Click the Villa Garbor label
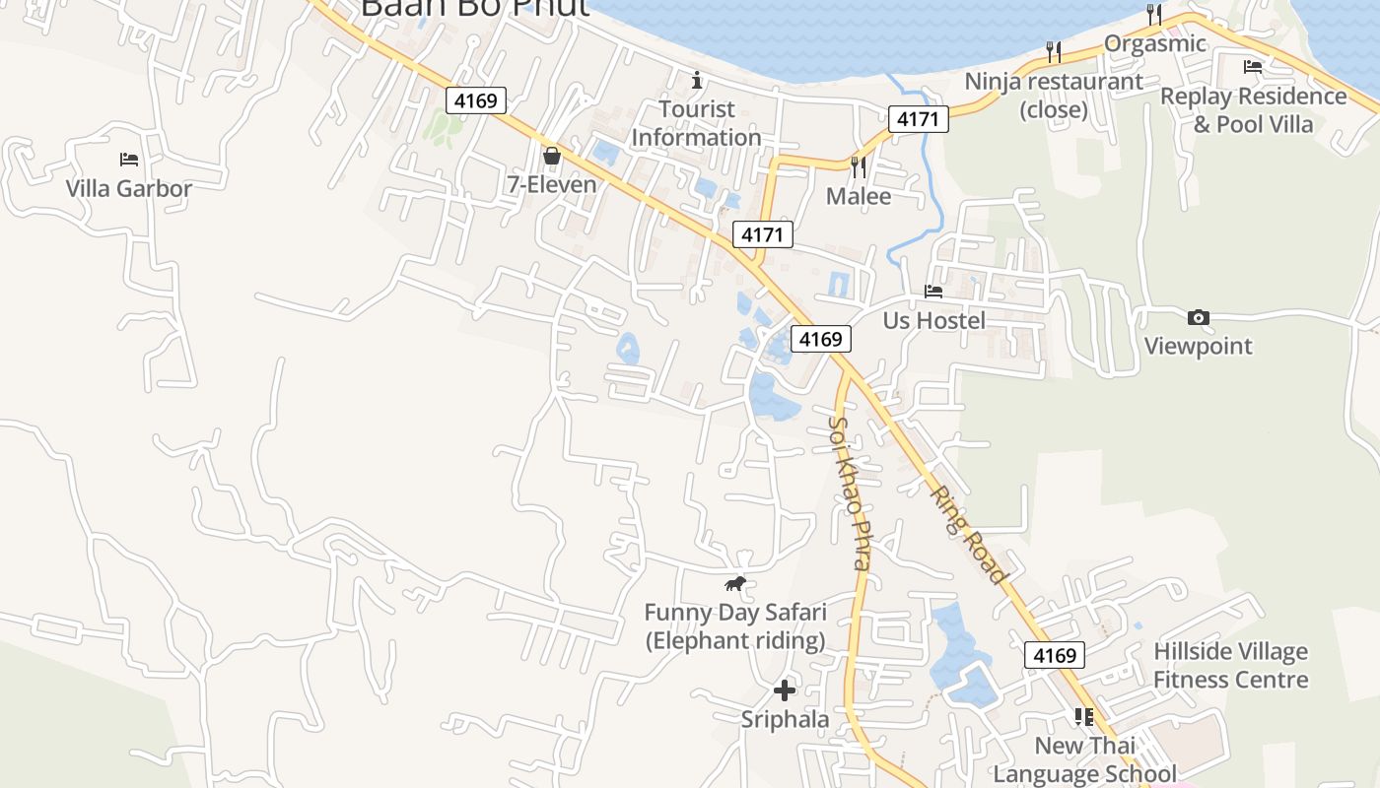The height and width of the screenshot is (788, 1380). (x=128, y=188)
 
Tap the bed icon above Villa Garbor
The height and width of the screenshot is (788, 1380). (x=128, y=159)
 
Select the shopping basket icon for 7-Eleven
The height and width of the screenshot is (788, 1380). (x=551, y=156)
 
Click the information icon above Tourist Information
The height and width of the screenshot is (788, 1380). (x=697, y=79)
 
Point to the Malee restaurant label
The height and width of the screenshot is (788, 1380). (x=858, y=196)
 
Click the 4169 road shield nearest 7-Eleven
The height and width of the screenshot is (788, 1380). (x=475, y=100)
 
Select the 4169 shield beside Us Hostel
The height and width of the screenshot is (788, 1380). (x=820, y=339)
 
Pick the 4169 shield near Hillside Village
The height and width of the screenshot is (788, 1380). (x=1054, y=655)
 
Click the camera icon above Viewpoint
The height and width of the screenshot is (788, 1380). (x=1198, y=317)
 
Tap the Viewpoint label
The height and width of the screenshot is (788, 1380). (x=1198, y=346)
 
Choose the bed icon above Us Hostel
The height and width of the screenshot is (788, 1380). (x=932, y=291)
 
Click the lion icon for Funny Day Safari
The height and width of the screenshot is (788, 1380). (x=735, y=583)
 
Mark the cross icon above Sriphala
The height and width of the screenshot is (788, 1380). (x=785, y=690)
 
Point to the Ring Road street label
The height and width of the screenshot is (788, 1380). (x=970, y=535)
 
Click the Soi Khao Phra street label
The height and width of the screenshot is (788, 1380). (x=850, y=492)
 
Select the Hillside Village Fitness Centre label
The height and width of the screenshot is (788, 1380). (x=1230, y=666)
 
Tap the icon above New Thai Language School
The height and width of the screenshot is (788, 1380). (x=1083, y=717)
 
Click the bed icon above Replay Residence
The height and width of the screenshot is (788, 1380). (x=1252, y=67)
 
